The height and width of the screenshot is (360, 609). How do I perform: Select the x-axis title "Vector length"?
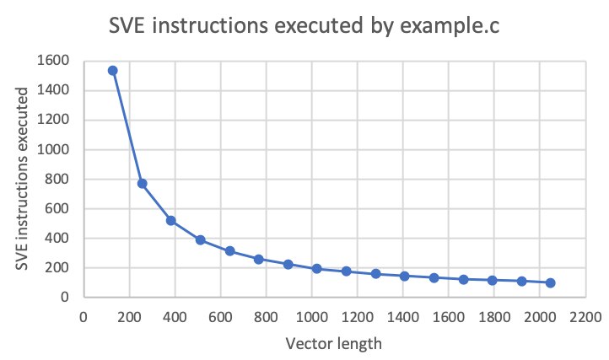coord(333,344)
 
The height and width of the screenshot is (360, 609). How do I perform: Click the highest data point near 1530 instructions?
coord(112,71)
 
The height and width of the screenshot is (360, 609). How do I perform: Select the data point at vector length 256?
coord(142,183)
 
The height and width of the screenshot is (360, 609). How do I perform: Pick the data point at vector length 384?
coord(170,220)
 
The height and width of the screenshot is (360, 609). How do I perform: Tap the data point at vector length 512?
coord(200,239)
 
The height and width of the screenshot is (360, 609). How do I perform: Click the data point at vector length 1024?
coord(316,269)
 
